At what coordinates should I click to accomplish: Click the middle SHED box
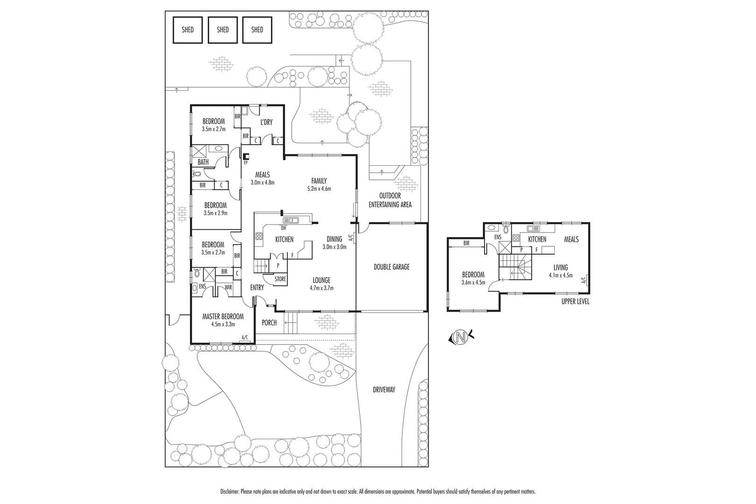pyautogui.click(x=223, y=30)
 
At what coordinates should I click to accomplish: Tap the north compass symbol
pyautogui.click(x=461, y=336)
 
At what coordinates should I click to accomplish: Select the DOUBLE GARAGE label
pyautogui.click(x=392, y=267)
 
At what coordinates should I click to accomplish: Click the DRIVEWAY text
pyautogui.click(x=384, y=389)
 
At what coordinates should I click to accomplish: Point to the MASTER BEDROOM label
pyautogui.click(x=223, y=316)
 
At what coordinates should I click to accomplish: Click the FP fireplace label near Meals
pyautogui.click(x=245, y=164)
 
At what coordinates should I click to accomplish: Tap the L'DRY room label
pyautogui.click(x=266, y=122)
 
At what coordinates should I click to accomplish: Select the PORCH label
pyautogui.click(x=269, y=322)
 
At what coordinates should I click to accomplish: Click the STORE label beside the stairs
pyautogui.click(x=280, y=279)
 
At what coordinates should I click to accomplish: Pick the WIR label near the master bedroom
pyautogui.click(x=228, y=287)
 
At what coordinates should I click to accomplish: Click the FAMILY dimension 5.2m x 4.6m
pyautogui.click(x=319, y=189)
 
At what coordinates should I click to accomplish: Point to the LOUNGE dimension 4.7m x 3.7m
pyautogui.click(x=321, y=288)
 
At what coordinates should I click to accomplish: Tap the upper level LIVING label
pyautogui.click(x=560, y=267)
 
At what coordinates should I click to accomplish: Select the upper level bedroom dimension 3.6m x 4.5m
pyautogui.click(x=473, y=282)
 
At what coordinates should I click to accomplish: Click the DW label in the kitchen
pyautogui.click(x=283, y=228)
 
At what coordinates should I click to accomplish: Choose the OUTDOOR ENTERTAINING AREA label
pyautogui.click(x=390, y=200)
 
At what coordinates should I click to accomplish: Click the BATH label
pyautogui.click(x=203, y=162)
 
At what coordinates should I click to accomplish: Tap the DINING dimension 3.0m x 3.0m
pyautogui.click(x=334, y=247)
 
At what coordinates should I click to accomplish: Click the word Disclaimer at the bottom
pyautogui.click(x=230, y=491)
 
